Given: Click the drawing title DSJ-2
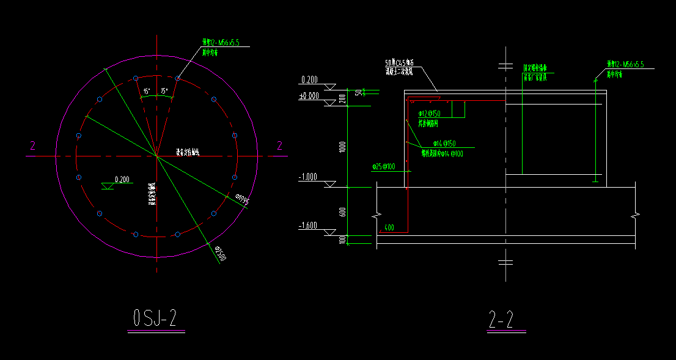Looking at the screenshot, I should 155,318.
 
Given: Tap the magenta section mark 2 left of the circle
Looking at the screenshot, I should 32,145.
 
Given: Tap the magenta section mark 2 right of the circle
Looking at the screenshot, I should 280,145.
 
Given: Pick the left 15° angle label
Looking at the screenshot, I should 147,91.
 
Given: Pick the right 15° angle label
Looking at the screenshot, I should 164,91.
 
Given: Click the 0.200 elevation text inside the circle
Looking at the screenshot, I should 122,180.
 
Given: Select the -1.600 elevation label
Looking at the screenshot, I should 307,226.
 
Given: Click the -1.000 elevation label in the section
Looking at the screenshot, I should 307,177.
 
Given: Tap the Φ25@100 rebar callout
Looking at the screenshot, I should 383,166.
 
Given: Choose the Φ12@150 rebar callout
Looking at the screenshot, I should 429,114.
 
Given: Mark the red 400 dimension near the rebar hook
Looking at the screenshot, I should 389,227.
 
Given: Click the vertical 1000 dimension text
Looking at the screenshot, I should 343,147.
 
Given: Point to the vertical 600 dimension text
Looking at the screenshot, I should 343,211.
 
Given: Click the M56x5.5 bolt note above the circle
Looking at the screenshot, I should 224,43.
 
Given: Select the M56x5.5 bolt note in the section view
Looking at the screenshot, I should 625,64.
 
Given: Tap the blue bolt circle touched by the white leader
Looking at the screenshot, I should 177,78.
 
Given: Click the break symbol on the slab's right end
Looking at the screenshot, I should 636,216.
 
